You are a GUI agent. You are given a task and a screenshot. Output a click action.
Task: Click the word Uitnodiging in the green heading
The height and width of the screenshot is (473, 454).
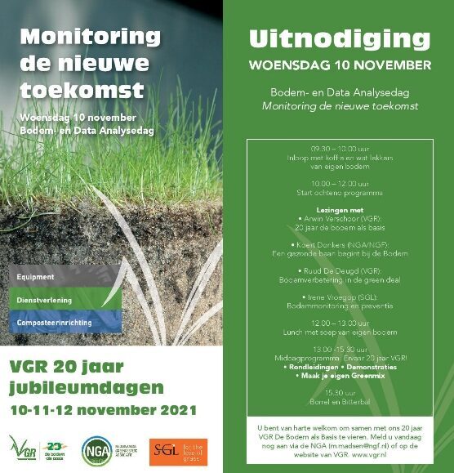click(x=339, y=38)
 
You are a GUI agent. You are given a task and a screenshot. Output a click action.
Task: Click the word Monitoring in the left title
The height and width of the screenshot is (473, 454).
click(x=91, y=37)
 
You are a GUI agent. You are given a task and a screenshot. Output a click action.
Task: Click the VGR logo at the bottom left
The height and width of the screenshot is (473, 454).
click(x=24, y=448)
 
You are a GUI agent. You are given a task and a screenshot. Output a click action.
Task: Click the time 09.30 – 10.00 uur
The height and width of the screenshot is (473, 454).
click(x=339, y=149)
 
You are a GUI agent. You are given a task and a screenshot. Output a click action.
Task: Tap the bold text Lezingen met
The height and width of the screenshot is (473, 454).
click(x=339, y=210)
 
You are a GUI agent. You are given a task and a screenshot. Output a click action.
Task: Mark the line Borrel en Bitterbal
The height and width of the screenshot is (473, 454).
click(x=339, y=403)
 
